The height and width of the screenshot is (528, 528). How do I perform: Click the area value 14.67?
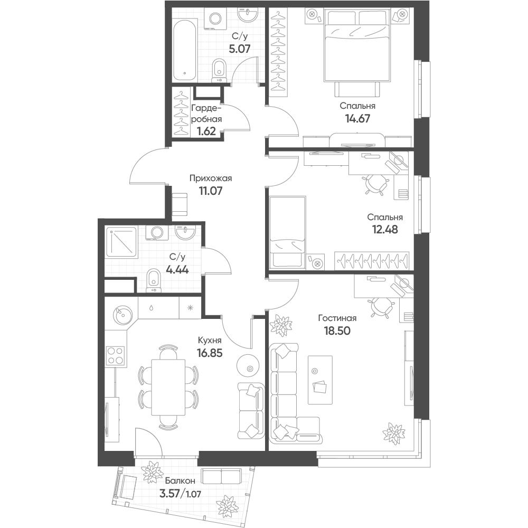pyautogui.click(x=357, y=118)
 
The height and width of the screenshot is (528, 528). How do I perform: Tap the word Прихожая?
pyautogui.click(x=211, y=178)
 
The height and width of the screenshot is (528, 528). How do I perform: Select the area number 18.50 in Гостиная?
pyautogui.click(x=337, y=331)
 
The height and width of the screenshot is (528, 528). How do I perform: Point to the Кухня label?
pyautogui.click(x=210, y=340)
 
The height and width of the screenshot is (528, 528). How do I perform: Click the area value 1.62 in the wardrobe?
pyautogui.click(x=206, y=131)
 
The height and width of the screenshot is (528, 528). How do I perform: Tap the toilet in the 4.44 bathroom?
pyautogui.click(x=154, y=280)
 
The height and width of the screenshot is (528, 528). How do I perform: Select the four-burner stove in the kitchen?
pyautogui.click(x=116, y=355)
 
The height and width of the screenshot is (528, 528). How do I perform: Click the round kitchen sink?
pyautogui.click(x=120, y=315)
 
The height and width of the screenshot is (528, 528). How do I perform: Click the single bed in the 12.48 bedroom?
pyautogui.click(x=287, y=232)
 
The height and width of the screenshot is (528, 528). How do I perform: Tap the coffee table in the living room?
pyautogui.click(x=320, y=380)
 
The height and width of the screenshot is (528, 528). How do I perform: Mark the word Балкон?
pyautogui.click(x=180, y=481)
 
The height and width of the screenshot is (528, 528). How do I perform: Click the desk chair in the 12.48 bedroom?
pyautogui.click(x=376, y=184)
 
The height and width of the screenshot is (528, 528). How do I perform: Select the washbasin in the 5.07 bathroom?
pyautogui.click(x=248, y=14)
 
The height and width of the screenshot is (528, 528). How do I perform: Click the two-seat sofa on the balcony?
pyautogui.click(x=221, y=477)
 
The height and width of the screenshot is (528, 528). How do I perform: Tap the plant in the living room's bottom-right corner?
pyautogui.click(x=394, y=433)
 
